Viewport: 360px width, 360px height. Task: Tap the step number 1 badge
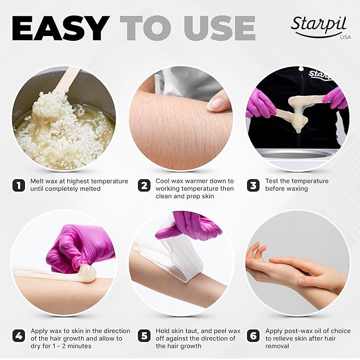click(x=19, y=186)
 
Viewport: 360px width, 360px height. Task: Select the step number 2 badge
click(x=144, y=186)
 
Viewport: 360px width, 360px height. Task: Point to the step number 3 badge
click(x=253, y=186)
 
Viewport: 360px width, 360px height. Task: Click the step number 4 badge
click(x=19, y=336)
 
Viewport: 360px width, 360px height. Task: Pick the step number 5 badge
click(x=144, y=336)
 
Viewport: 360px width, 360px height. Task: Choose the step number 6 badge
click(x=253, y=336)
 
